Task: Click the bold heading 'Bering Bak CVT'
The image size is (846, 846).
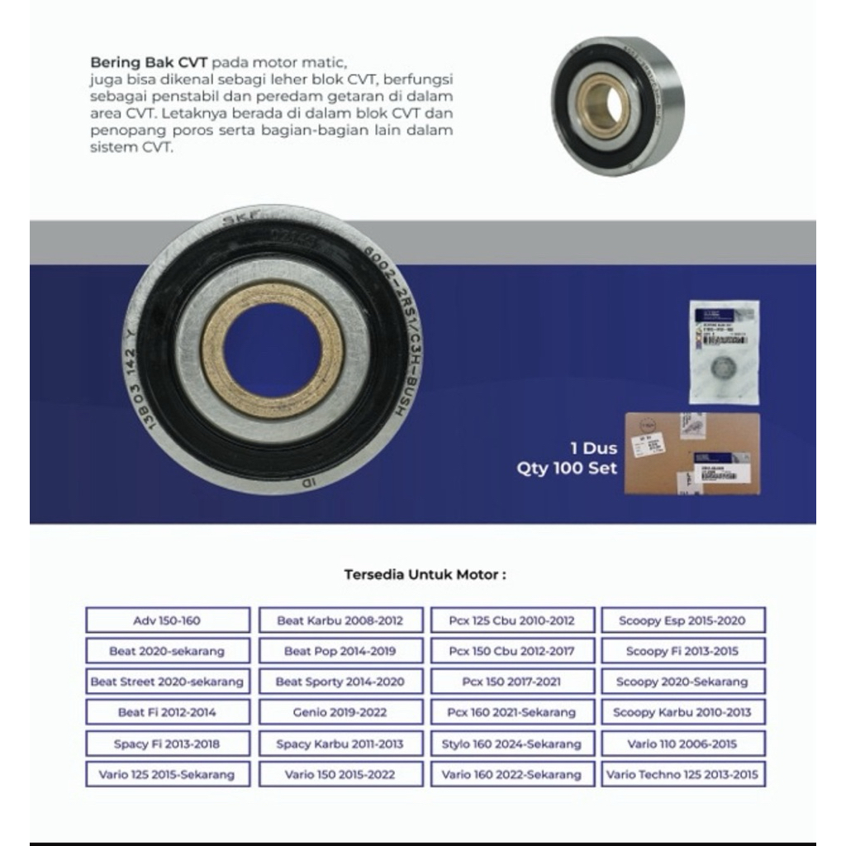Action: (x=148, y=63)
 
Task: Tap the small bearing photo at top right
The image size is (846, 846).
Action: (x=618, y=105)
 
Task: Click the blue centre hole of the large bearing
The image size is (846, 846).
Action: (x=272, y=350)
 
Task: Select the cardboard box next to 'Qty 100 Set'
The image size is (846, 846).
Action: (x=691, y=454)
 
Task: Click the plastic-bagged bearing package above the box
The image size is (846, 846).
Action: (x=724, y=351)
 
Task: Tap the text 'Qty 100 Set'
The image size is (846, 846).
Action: (x=567, y=468)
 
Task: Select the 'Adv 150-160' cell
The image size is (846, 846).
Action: (x=167, y=620)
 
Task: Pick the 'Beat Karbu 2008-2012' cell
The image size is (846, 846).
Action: (x=340, y=620)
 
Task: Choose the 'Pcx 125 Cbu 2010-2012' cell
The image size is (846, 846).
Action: (x=511, y=620)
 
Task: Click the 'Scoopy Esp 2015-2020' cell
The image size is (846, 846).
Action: (x=682, y=620)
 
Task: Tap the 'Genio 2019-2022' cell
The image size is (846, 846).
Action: (x=340, y=712)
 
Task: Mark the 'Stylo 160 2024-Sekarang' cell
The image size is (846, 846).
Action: (x=511, y=744)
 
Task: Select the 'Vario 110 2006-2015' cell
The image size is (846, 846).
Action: (x=682, y=744)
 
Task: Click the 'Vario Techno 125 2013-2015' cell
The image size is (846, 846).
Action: (x=682, y=774)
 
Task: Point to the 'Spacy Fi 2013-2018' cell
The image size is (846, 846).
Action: (x=167, y=744)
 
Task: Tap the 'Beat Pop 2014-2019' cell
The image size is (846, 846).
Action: (x=340, y=651)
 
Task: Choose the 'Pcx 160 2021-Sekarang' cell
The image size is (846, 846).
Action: (x=511, y=712)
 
